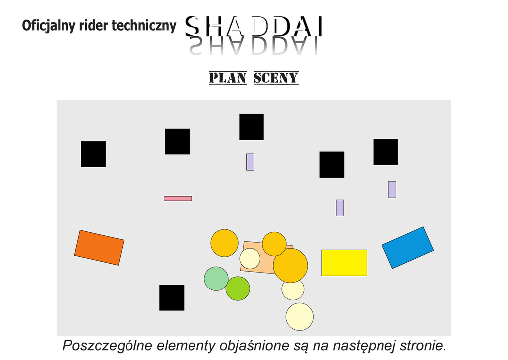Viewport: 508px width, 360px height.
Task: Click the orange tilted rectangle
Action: click(99, 247)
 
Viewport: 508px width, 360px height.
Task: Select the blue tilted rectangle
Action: click(407, 247)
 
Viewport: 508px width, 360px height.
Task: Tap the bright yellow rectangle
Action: click(344, 263)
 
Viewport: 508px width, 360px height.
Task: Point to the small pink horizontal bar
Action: click(178, 198)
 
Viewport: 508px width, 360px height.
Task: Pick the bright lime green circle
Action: click(238, 288)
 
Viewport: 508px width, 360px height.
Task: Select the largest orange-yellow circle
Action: click(291, 266)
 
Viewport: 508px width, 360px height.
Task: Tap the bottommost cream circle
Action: click(299, 316)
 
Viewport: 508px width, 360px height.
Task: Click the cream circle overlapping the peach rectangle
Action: click(250, 258)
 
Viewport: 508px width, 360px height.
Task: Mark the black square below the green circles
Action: click(172, 297)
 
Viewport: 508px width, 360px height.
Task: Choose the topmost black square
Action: click(252, 127)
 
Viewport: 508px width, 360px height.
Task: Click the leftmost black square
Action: click(93, 154)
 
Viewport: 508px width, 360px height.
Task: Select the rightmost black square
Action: click(385, 151)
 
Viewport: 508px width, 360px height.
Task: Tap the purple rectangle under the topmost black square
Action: click(250, 162)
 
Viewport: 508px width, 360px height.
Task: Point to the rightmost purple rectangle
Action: click(392, 189)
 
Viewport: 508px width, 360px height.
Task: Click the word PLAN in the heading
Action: click(228, 78)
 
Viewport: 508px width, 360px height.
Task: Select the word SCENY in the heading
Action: click(276, 78)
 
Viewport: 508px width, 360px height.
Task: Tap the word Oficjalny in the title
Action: click(49, 26)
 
